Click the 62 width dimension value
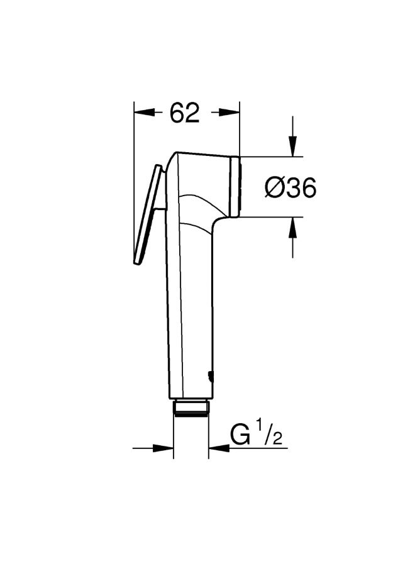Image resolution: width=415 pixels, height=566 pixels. pos(184,113)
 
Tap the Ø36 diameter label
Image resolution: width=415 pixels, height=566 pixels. pos(290,187)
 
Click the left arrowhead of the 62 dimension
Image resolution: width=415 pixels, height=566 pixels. pos(143,113)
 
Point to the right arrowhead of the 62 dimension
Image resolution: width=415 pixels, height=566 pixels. pos(230,113)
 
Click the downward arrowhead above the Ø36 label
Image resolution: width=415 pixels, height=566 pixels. pos(292,146)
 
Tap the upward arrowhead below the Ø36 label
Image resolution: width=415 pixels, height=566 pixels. pos(292,228)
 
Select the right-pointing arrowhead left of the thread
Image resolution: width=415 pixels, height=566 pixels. pos(163,448)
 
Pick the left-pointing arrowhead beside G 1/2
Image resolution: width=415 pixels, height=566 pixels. pos(219,448)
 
